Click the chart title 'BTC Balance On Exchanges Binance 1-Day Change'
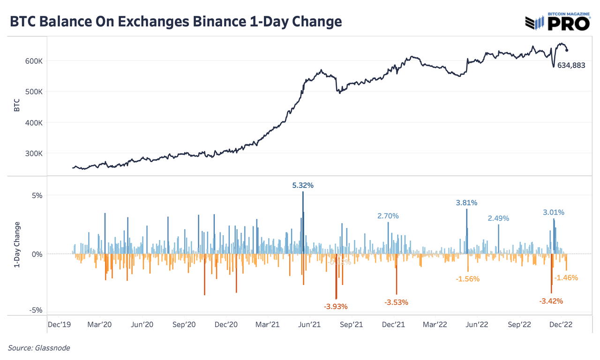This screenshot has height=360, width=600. [176, 22]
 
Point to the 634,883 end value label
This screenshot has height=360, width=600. [571, 66]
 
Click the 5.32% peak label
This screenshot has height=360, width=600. [303, 185]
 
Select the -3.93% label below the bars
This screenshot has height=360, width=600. [336, 307]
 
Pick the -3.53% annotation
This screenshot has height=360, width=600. [396, 302]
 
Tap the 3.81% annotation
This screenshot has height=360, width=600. [466, 203]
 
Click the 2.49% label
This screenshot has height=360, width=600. [498, 218]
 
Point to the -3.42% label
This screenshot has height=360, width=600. [551, 301]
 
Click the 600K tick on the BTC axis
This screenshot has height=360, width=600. [34, 61]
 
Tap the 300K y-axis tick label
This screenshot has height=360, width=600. [34, 153]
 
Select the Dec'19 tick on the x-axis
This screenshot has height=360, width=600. [59, 324]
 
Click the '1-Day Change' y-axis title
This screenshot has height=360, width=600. [17, 245]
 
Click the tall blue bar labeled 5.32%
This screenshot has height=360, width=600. [303, 220]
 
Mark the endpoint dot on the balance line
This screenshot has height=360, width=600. [567, 50]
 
